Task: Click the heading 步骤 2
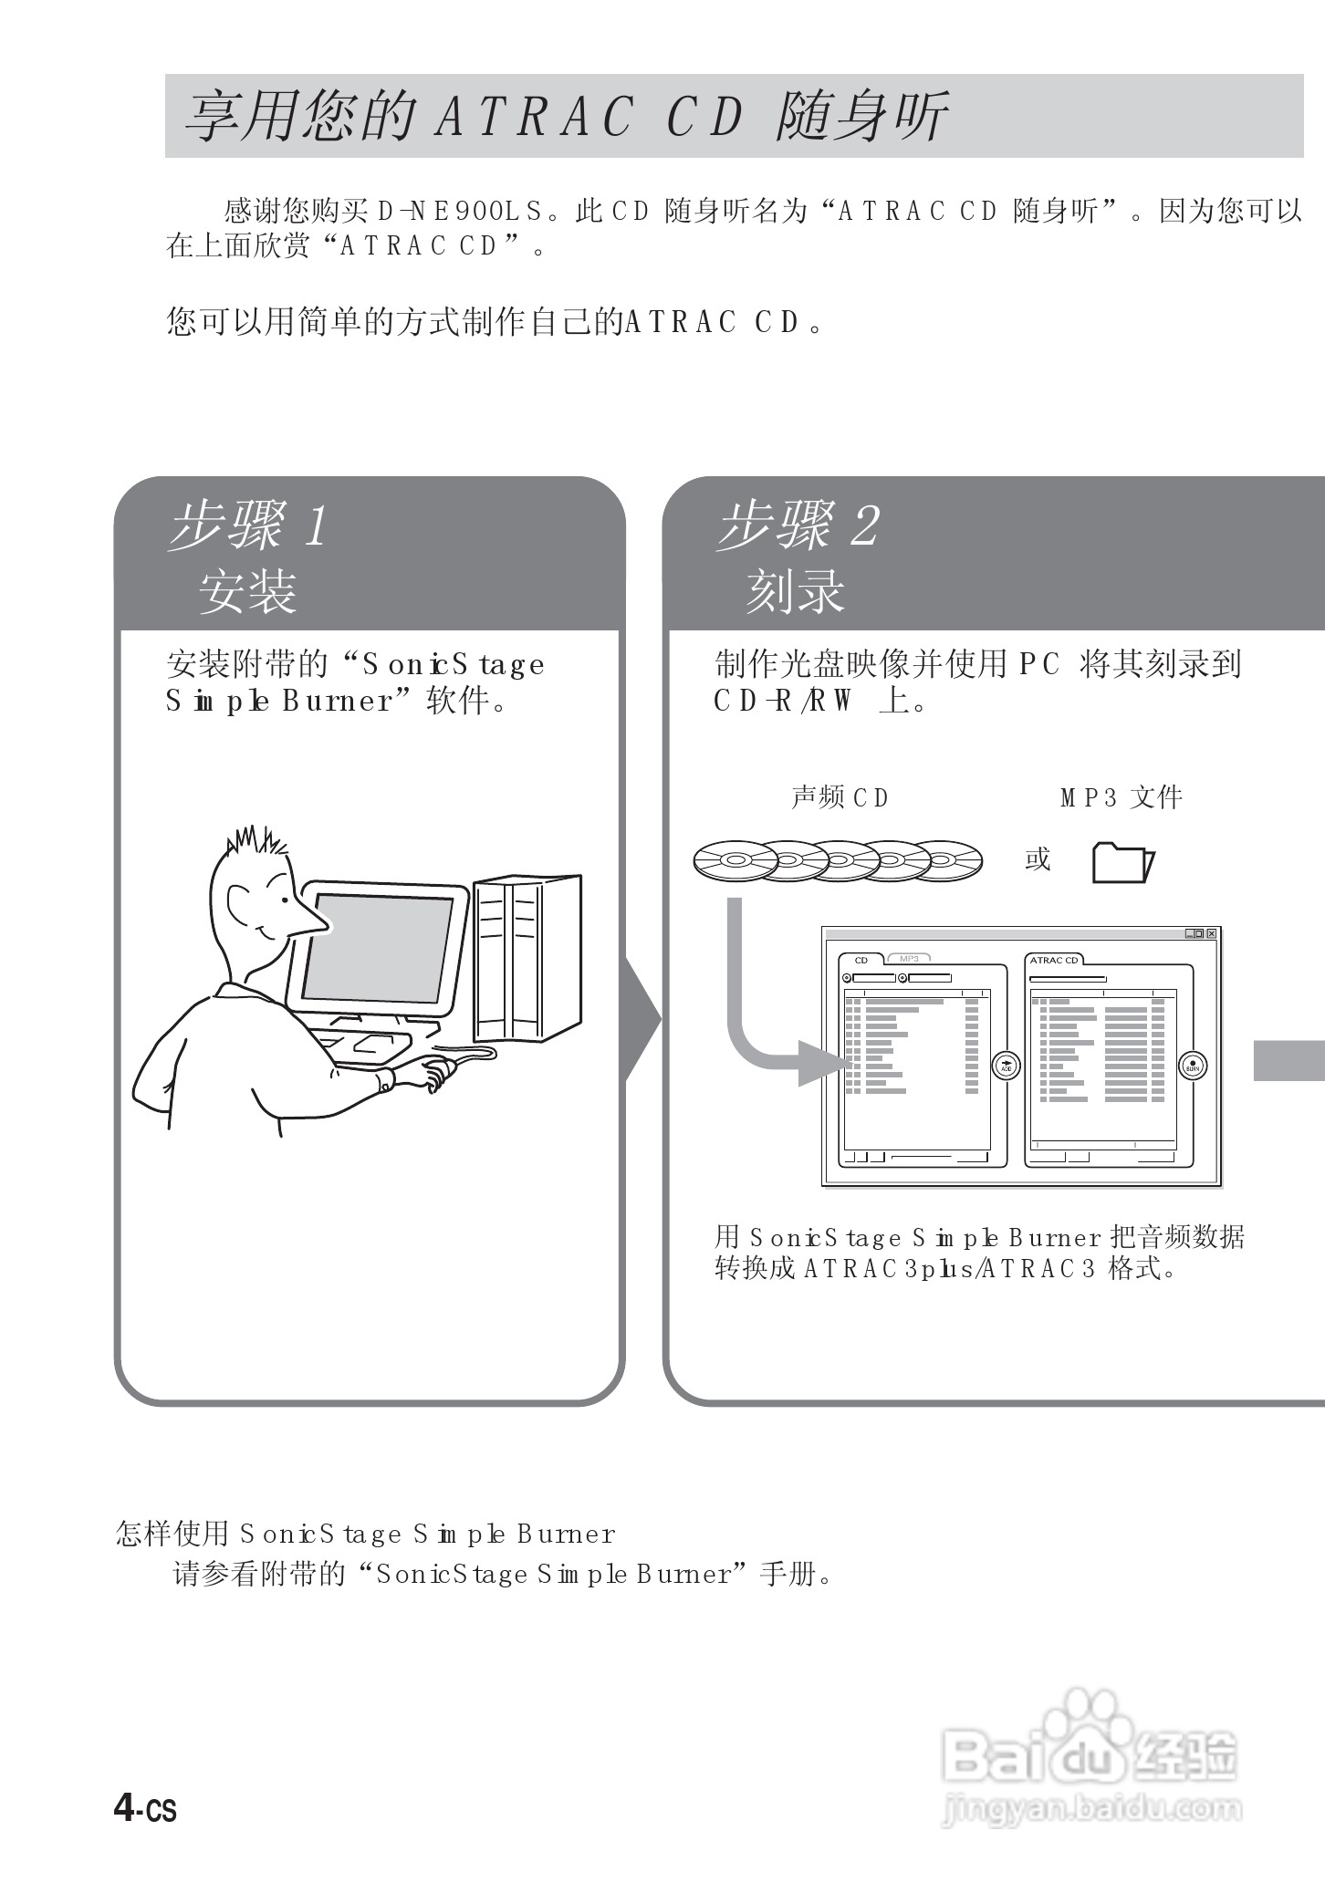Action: tap(798, 526)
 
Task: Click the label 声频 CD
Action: tap(840, 797)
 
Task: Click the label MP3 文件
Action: tap(1122, 797)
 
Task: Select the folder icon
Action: tap(1123, 862)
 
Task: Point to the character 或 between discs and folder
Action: tap(1038, 859)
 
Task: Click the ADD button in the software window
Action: tap(1006, 1065)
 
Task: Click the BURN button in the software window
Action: tap(1193, 1065)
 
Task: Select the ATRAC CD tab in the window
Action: tap(1054, 960)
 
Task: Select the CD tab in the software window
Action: tap(861, 960)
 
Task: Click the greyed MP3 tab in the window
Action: tap(909, 959)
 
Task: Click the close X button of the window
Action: tap(1211, 933)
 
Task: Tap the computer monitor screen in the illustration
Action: tap(377, 949)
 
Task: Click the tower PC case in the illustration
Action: tap(527, 958)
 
